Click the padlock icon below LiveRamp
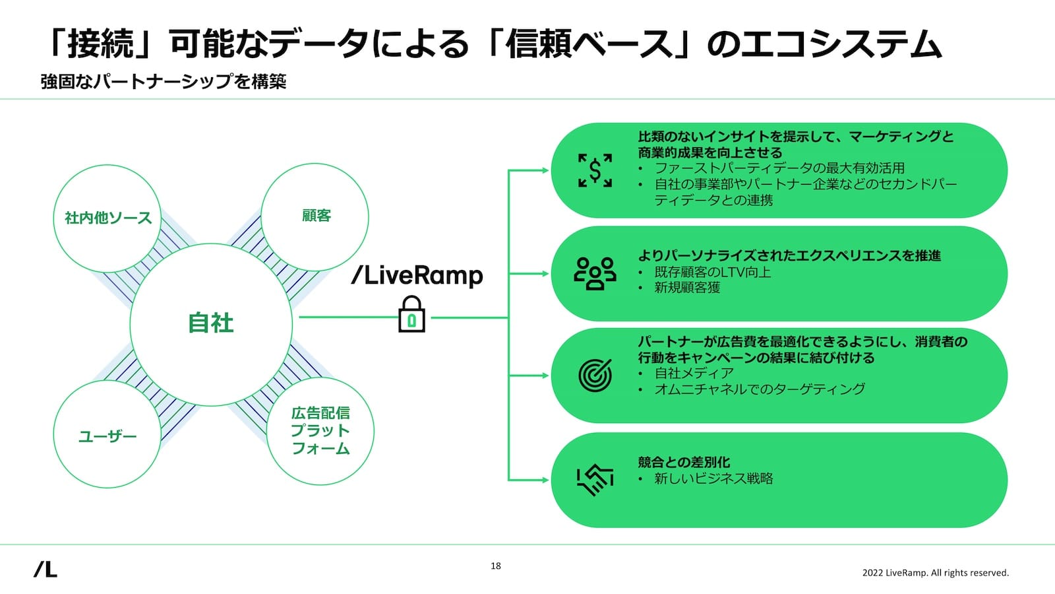click(411, 315)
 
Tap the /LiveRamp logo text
click(417, 275)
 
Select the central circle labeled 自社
click(211, 323)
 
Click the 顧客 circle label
click(316, 216)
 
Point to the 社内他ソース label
click(108, 218)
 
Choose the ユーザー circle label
click(107, 436)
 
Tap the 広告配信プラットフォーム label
click(320, 431)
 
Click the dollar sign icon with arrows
click(595, 170)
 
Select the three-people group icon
click(595, 273)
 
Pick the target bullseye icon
click(595, 375)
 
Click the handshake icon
click(595, 480)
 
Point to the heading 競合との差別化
click(684, 462)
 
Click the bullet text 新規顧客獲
click(687, 288)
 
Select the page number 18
click(496, 566)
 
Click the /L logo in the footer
click(45, 569)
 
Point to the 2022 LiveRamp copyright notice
click(935, 573)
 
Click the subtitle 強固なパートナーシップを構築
click(164, 82)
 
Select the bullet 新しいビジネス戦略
click(713, 478)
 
